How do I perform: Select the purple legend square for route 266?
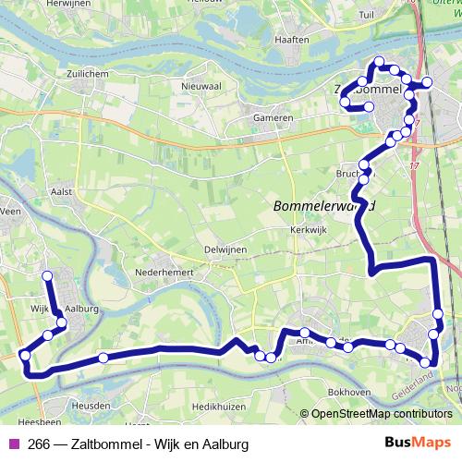click(12, 444)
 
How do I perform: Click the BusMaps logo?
click(417, 444)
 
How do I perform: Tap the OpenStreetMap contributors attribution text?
click(381, 414)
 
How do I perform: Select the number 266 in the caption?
click(40, 444)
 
